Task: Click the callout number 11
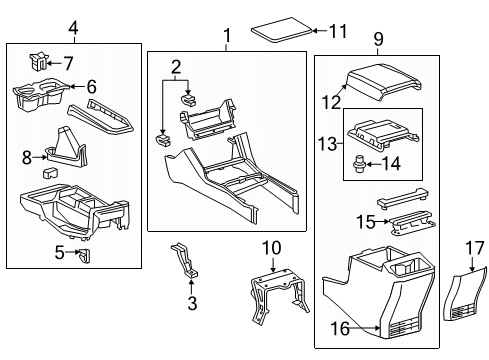point(339,32)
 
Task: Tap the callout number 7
point(68,63)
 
